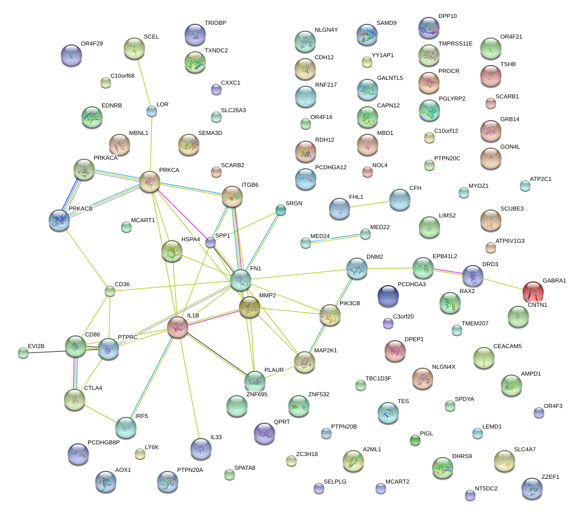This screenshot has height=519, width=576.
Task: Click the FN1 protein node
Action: (241, 280)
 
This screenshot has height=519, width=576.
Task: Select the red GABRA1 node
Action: (533, 292)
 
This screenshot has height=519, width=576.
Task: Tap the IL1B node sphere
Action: (178, 327)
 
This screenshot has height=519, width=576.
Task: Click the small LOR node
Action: (152, 111)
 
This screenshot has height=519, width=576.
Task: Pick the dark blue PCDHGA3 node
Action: (388, 295)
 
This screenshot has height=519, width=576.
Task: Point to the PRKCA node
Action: (150, 181)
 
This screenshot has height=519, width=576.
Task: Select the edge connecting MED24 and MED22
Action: (335, 238)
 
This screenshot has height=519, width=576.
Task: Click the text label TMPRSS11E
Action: (455, 43)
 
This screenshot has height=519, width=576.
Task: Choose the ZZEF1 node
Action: (532, 488)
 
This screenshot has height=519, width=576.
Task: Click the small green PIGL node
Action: (415, 440)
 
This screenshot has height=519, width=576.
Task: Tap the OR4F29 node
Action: (71, 54)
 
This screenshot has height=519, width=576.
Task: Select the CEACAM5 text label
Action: (507, 346)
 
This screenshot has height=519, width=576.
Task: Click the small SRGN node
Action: (281, 210)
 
